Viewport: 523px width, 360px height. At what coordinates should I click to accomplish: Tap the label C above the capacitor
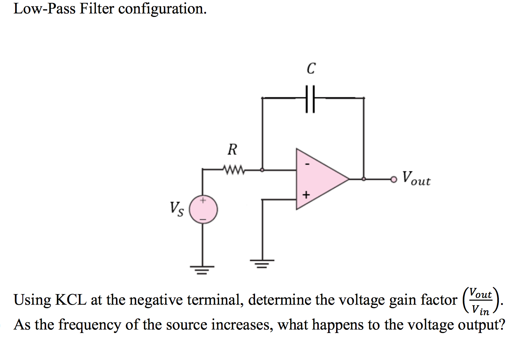(311, 68)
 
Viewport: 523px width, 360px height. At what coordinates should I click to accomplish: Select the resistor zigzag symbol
(234, 169)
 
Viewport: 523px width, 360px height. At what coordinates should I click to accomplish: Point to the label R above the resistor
(232, 149)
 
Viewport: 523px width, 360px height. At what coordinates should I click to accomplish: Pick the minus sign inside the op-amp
(307, 164)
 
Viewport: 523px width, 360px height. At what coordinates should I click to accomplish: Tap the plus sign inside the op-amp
(306, 195)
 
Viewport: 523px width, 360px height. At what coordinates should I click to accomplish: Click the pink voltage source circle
(204, 210)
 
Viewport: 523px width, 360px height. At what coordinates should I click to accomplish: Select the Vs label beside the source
(176, 209)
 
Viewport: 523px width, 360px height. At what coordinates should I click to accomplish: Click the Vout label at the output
(416, 178)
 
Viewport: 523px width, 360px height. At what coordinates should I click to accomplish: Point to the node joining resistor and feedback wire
(262, 170)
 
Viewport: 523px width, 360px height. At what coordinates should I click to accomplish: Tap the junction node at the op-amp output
(364, 179)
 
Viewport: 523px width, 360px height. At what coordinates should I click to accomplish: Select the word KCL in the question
(70, 300)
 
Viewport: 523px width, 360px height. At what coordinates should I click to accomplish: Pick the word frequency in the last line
(90, 325)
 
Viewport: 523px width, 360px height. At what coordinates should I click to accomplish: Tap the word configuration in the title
(162, 9)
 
